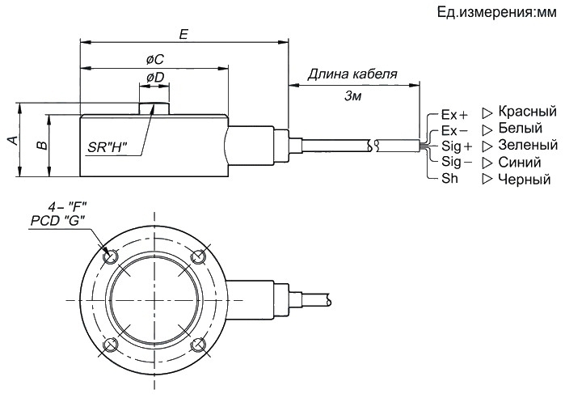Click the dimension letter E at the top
(x=183, y=34)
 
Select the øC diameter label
(x=155, y=60)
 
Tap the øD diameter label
(x=155, y=77)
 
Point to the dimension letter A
(x=13, y=140)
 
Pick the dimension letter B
(x=42, y=145)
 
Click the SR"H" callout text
(x=108, y=147)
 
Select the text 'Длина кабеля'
(x=352, y=74)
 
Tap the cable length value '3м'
(x=352, y=96)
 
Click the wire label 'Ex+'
(x=454, y=115)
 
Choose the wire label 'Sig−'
(x=457, y=162)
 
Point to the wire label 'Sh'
(x=449, y=178)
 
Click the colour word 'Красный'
(x=528, y=112)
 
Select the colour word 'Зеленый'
(x=528, y=145)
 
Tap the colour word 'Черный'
(x=525, y=179)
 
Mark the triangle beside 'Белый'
(x=487, y=129)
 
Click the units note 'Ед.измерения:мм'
(x=496, y=13)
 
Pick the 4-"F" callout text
(x=68, y=207)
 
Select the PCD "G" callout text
(x=57, y=221)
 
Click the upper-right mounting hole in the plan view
(x=198, y=257)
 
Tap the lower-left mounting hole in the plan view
(x=110, y=345)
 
